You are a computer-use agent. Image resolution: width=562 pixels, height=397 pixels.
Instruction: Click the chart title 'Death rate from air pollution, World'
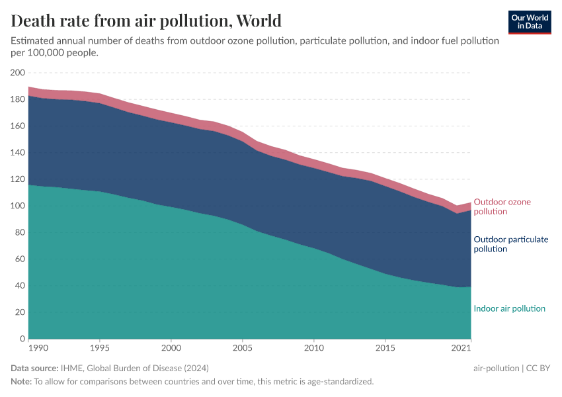[x=146, y=21]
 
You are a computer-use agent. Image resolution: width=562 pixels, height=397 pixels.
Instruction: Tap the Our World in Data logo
[x=530, y=22]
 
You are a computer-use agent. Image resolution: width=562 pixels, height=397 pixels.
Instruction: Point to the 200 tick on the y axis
[x=17, y=73]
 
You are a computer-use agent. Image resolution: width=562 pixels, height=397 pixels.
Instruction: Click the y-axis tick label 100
[x=17, y=206]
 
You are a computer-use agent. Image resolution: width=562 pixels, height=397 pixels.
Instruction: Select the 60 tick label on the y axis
[x=19, y=259]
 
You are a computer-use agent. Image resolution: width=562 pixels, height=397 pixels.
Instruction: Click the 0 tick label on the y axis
[x=22, y=339]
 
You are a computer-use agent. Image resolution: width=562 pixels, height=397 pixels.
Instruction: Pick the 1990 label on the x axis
[x=29, y=347]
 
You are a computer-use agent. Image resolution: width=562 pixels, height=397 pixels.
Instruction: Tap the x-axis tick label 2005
[x=243, y=347]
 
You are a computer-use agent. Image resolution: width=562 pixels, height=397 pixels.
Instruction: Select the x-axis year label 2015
[x=385, y=347]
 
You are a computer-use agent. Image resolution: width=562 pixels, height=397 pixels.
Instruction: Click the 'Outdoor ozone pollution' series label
[x=502, y=206]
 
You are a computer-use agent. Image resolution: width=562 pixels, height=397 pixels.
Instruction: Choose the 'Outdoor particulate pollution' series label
[x=510, y=244]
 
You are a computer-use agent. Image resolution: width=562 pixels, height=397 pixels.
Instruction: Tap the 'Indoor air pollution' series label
[x=509, y=308]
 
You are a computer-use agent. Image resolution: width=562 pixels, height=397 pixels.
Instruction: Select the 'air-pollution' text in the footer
[x=497, y=368]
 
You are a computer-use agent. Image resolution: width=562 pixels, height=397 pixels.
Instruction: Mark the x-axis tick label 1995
[x=100, y=347]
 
